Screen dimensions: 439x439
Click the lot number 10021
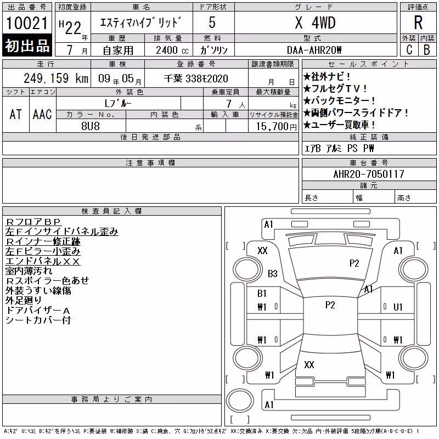pos(26,23)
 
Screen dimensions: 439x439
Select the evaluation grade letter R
pos(418,22)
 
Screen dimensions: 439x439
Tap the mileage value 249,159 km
pos(56,78)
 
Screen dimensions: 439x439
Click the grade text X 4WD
pos(315,22)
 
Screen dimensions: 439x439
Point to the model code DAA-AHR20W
pos(314,50)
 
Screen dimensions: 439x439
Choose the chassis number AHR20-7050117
pos(369,174)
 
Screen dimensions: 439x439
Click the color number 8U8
pos(91,126)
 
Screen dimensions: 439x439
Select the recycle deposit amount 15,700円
pos(277,127)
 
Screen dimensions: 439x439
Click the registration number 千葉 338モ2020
pos(196,78)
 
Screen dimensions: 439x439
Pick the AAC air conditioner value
pos(42,114)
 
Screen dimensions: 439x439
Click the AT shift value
pos(16,114)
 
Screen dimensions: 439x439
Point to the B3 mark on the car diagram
pos(272,273)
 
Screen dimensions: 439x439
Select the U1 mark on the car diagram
pos(398,307)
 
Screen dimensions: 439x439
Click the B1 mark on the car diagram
pos(262,294)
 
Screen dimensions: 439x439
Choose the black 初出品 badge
pos(27,46)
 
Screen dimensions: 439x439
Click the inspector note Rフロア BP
pos(33,222)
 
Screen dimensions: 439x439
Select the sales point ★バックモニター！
pos(339,100)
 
